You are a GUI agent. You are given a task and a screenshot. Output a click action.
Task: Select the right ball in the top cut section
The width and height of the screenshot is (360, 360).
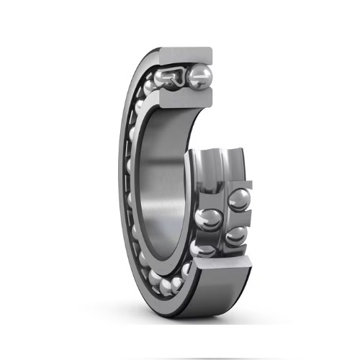199,77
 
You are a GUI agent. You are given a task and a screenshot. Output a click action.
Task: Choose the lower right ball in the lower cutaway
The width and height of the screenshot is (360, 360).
235,235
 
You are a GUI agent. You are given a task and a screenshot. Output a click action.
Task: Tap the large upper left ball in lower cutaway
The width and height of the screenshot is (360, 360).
207,217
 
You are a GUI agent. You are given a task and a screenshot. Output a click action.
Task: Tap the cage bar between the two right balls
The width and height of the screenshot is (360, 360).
238,218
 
